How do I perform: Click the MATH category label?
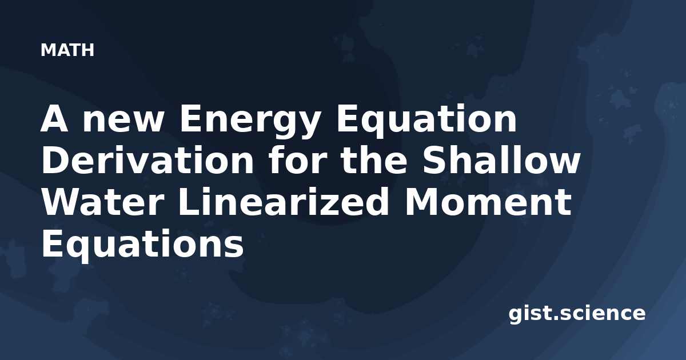click(x=67, y=50)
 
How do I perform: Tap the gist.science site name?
click(x=577, y=314)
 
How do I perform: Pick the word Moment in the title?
click(x=488, y=202)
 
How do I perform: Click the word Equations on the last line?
click(x=143, y=246)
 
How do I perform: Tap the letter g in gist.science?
click(x=516, y=317)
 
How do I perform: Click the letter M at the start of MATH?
click(x=47, y=50)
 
